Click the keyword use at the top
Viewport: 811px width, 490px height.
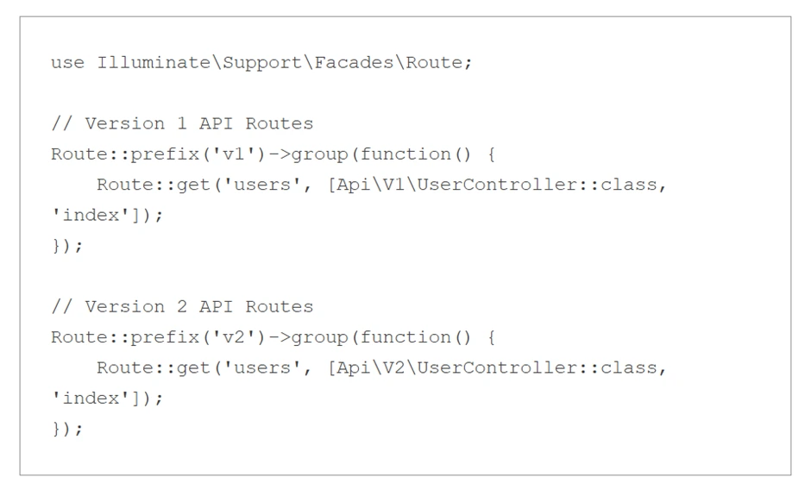coord(67,63)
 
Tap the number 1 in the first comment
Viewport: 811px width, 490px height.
coord(182,123)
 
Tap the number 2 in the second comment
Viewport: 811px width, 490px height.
coord(182,306)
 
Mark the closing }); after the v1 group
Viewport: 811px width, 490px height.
coord(67,246)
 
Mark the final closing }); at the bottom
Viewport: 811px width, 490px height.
coord(67,429)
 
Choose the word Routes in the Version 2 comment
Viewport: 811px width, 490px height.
coord(280,306)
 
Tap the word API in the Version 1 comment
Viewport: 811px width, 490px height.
coord(217,123)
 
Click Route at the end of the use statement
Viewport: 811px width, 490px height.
coord(435,63)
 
